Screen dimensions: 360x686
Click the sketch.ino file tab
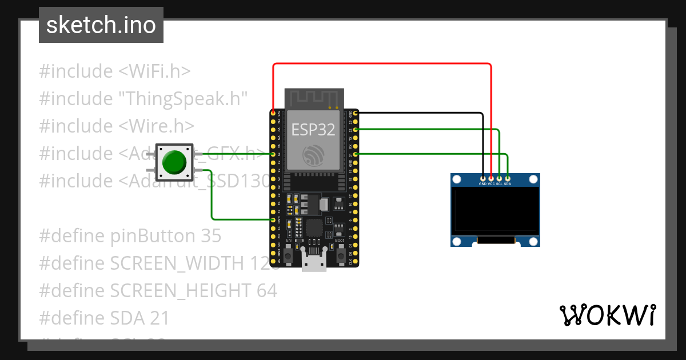pos(101,25)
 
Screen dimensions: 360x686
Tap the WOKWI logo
pos(607,315)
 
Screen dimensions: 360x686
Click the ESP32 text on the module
pos(313,130)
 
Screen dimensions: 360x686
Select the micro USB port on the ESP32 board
pos(313,264)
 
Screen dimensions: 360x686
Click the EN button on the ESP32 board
pos(289,250)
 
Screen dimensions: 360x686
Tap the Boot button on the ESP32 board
pos(339,250)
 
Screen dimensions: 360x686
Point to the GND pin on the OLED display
pos(483,178)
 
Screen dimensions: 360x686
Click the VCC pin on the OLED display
pos(491,178)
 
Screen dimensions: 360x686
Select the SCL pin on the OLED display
pos(499,178)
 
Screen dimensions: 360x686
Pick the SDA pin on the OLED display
pos(508,178)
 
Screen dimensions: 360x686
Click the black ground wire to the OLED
pos(423,113)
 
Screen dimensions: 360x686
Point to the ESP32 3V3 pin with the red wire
pos(273,113)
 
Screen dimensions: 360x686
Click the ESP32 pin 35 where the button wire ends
pos(273,154)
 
